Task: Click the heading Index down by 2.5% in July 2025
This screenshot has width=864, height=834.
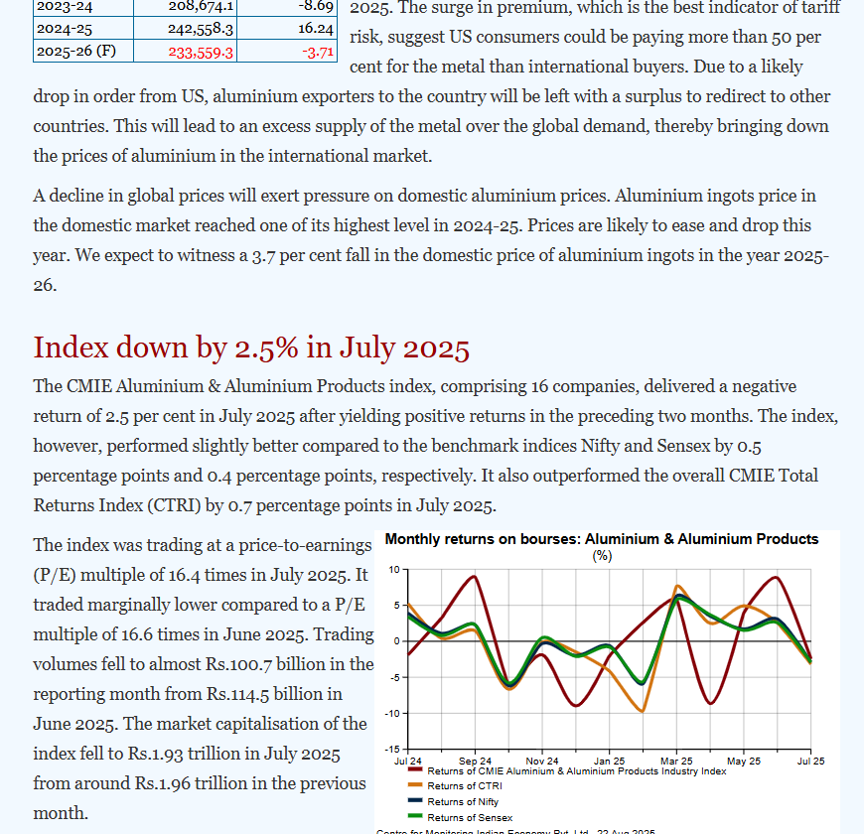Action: [x=251, y=347]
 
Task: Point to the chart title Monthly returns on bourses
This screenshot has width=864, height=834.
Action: [x=601, y=539]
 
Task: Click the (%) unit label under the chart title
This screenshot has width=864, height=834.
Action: [x=602, y=555]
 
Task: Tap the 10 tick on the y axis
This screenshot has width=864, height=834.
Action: [x=394, y=569]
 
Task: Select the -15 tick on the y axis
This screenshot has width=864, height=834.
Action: [x=392, y=749]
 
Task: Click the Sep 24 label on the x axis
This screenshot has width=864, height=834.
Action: [x=475, y=761]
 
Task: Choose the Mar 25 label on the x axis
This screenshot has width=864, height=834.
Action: [x=675, y=761]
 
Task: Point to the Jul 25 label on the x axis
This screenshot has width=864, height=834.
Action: [x=810, y=761]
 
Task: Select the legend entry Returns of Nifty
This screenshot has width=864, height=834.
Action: [x=463, y=801]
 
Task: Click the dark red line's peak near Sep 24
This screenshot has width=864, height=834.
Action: [x=474, y=577]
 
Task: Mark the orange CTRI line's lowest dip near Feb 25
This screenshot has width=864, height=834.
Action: [x=643, y=711]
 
